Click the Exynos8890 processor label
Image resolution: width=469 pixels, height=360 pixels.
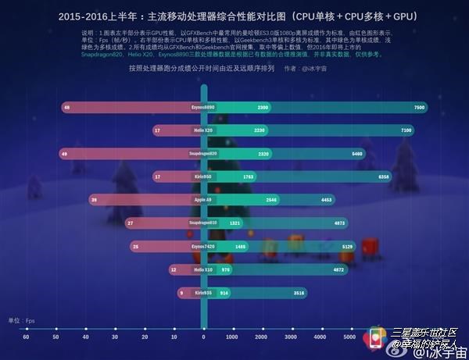(203, 107)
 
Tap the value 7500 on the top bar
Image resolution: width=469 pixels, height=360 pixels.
(420, 107)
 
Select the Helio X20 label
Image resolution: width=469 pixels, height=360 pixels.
(203, 130)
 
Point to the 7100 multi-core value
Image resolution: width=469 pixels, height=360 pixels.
(406, 130)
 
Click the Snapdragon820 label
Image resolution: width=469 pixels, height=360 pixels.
(203, 154)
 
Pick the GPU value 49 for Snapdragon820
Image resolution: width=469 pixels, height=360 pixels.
(64, 154)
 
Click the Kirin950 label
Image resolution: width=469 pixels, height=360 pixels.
(203, 176)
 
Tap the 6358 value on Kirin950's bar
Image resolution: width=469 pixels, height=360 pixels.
(384, 176)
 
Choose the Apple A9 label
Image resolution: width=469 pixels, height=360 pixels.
(203, 200)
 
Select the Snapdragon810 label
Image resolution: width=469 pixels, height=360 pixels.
(203, 223)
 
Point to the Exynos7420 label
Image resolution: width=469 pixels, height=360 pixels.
(203, 246)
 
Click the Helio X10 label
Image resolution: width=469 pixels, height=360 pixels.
(203, 269)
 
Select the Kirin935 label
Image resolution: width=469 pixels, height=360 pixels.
(203, 292)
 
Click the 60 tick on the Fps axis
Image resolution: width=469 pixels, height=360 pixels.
(26, 337)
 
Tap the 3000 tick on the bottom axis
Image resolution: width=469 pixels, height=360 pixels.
(291, 337)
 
